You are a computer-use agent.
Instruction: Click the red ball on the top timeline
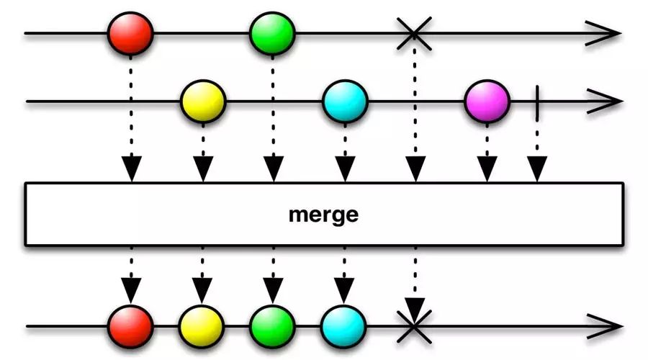(130, 33)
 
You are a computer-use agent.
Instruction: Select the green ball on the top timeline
(272, 33)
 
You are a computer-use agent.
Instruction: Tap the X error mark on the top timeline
(414, 33)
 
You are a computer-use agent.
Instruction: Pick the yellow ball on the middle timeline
(203, 102)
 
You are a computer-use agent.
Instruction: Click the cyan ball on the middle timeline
(345, 102)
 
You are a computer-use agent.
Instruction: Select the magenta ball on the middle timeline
(487, 102)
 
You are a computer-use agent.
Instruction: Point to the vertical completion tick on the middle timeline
(537, 103)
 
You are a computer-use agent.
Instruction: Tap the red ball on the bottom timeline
(130, 327)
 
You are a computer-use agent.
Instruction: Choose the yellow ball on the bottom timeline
(202, 327)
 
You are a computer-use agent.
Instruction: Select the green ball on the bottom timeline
(272, 327)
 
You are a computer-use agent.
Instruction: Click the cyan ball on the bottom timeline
(343, 327)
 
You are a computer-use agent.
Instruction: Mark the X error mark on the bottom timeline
(414, 327)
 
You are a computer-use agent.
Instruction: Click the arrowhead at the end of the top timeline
(604, 33)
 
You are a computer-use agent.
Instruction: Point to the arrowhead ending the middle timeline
(605, 102)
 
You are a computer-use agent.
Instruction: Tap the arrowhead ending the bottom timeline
(605, 327)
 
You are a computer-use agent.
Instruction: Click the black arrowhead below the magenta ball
(487, 169)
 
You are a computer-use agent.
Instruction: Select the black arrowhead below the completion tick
(537, 169)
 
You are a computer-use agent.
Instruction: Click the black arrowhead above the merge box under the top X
(415, 169)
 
